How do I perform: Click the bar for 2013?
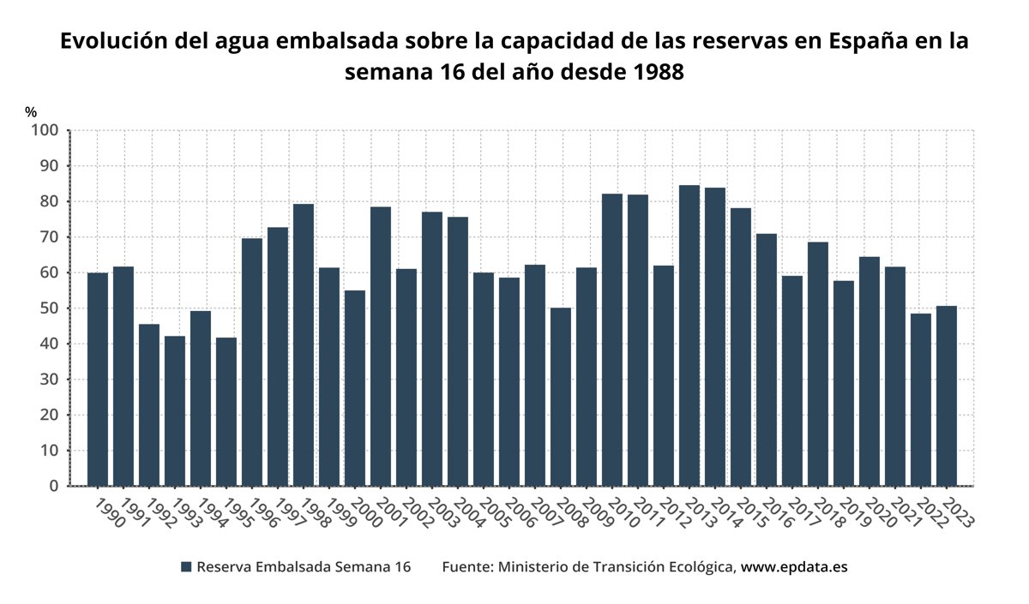tap(689, 336)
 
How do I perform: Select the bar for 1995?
tap(226, 412)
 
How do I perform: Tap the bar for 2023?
tap(947, 396)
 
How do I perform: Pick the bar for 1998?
tap(304, 345)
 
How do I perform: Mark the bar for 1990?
tap(98, 380)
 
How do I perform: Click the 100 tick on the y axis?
tap(45, 130)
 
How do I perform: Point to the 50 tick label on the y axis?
tap(49, 308)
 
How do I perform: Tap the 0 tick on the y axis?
tap(54, 487)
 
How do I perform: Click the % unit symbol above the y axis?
tap(31, 112)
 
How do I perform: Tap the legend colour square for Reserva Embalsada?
tap(186, 567)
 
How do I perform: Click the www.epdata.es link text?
tap(794, 567)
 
